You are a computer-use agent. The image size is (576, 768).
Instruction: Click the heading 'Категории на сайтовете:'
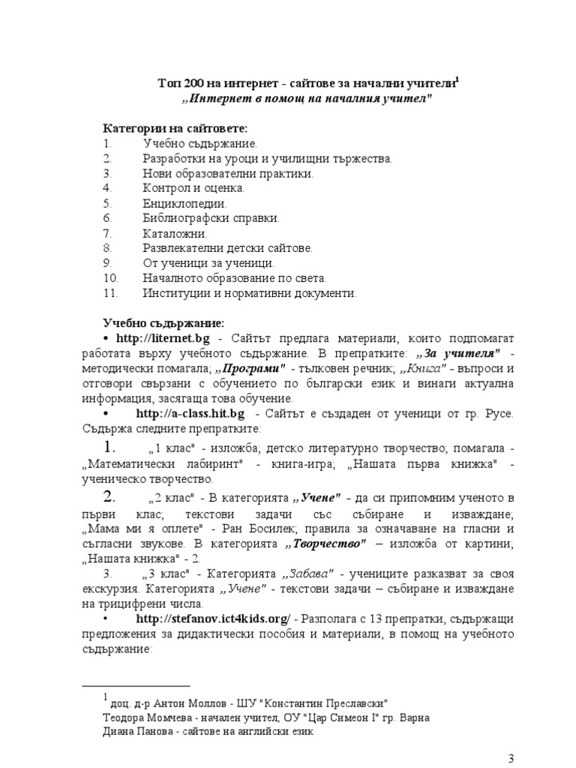click(x=175, y=128)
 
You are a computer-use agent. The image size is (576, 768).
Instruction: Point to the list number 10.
click(x=109, y=278)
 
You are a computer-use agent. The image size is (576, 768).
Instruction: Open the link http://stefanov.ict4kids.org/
click(x=213, y=619)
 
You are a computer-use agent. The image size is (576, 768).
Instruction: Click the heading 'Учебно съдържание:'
click(x=163, y=323)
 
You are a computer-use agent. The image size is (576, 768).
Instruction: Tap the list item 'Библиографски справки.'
click(x=211, y=218)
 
